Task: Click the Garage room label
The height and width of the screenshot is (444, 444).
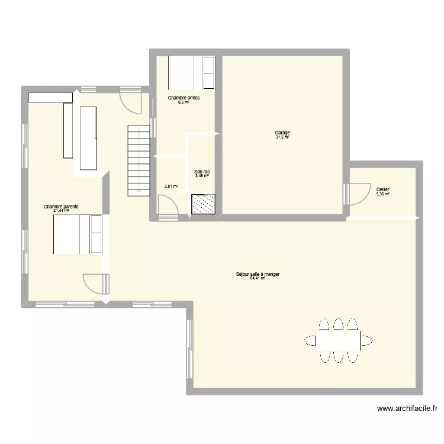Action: pos(282,133)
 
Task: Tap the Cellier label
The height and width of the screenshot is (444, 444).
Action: pos(382,189)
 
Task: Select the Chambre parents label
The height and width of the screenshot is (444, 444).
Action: pos(61,207)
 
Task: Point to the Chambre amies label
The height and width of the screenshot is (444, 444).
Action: pos(184,98)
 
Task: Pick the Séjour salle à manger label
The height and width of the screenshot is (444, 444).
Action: pos(258,274)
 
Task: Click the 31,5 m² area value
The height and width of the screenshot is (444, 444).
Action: pos(282,137)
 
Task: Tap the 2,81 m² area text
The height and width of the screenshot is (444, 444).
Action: pos(171,186)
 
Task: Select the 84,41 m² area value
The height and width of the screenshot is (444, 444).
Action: pos(258,278)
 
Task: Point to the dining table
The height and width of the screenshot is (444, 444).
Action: pos(338,340)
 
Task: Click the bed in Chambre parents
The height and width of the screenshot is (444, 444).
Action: pos(77,234)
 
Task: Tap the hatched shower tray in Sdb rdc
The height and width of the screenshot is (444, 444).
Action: pos(204,204)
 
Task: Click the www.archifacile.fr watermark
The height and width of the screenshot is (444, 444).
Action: pos(408,408)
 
